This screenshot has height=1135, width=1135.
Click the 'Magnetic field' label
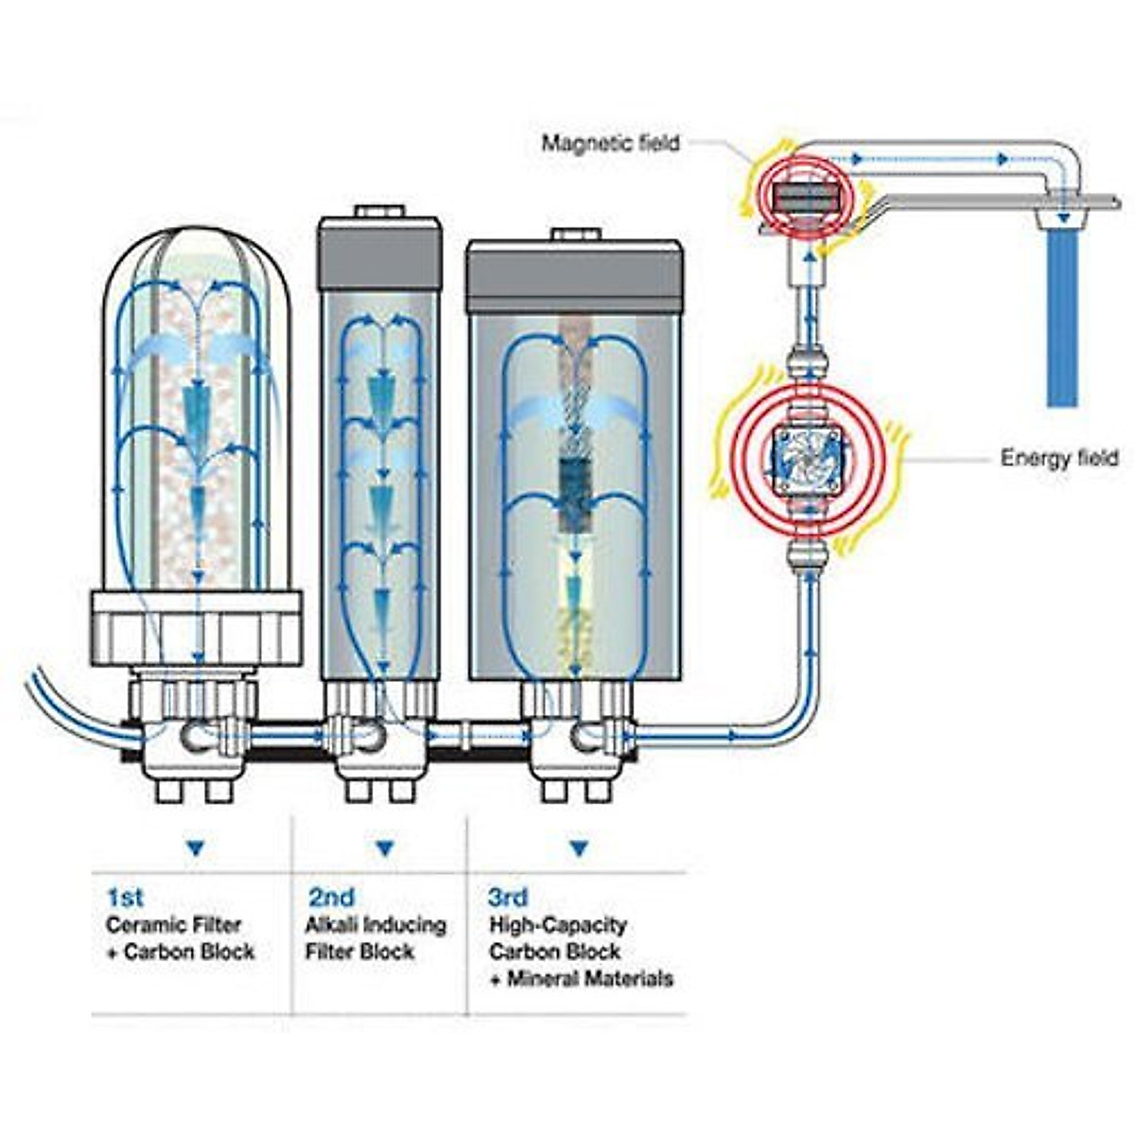click(610, 144)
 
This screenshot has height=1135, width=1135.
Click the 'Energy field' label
click(1058, 459)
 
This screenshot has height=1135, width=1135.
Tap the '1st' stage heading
click(125, 896)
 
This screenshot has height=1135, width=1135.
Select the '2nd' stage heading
click(331, 896)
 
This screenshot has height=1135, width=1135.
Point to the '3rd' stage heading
click(508, 896)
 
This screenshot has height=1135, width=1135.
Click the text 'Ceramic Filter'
click(173, 924)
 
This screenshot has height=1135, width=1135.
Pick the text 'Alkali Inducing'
click(375, 924)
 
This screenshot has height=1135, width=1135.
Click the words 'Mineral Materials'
click(590, 978)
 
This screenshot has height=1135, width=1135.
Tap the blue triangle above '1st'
click(195, 848)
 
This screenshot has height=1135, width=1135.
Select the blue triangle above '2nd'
click(384, 848)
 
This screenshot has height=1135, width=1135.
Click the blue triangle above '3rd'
click(578, 848)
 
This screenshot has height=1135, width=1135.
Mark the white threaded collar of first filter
click(196, 626)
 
